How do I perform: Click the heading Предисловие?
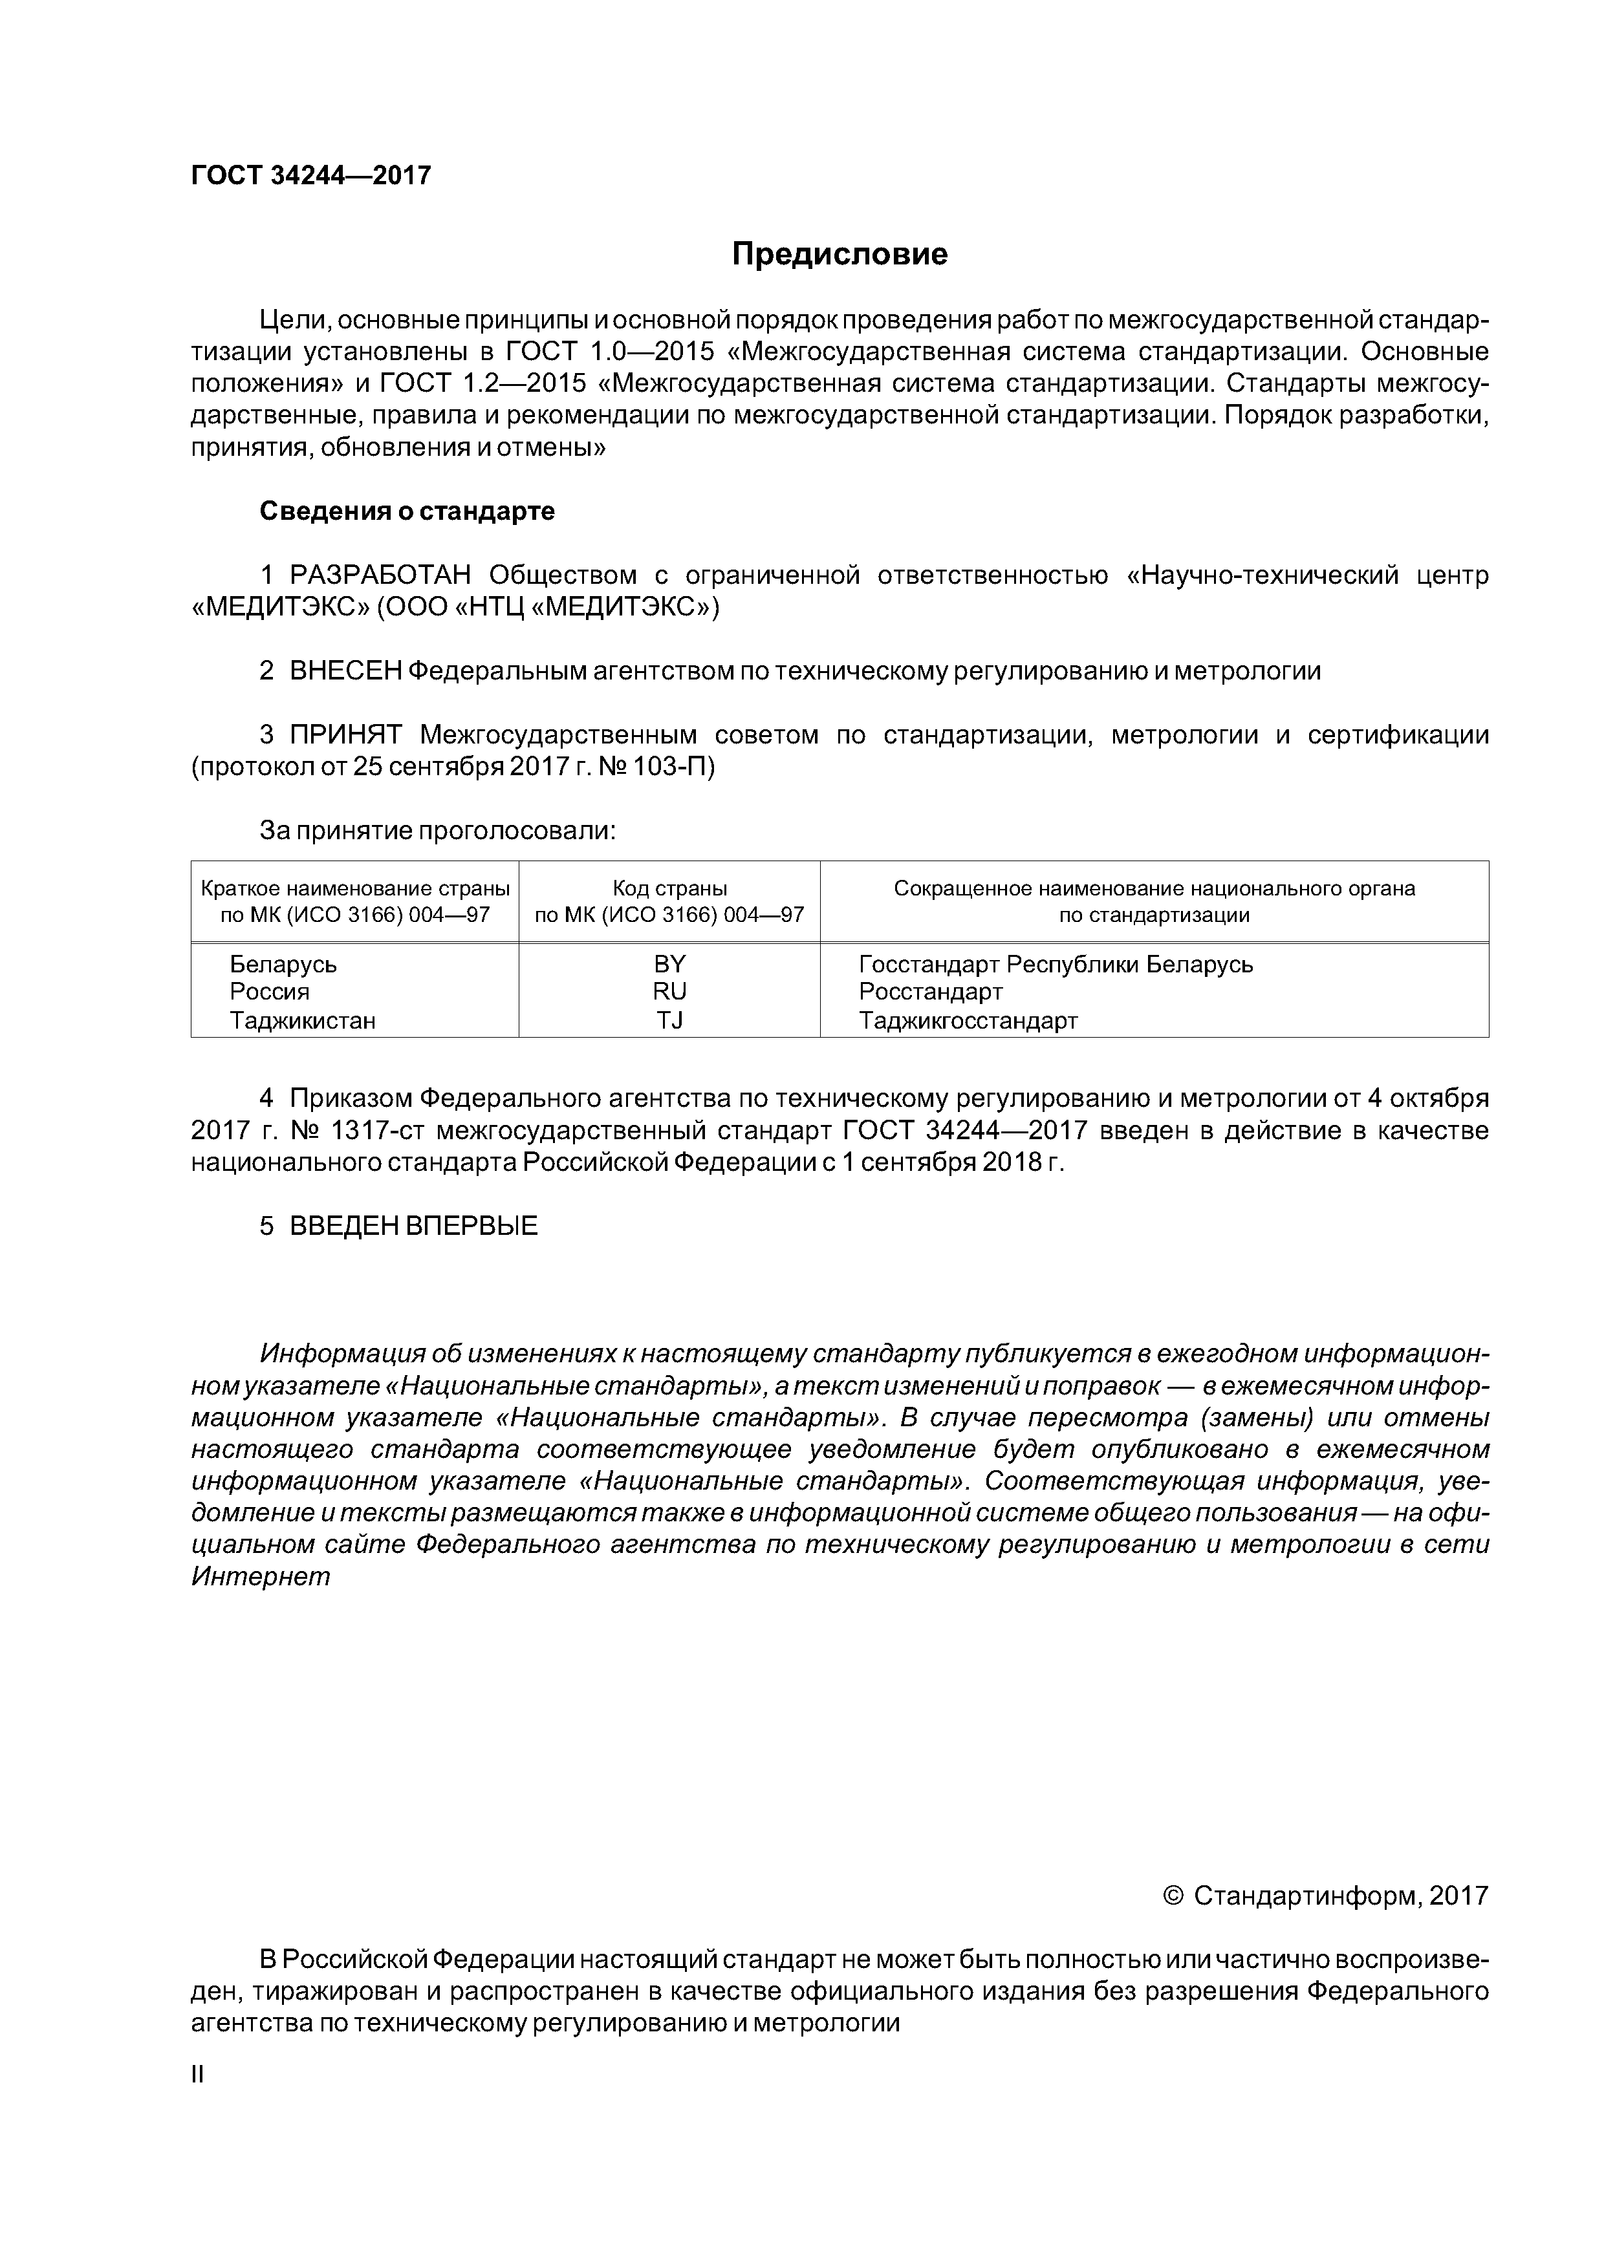pos(839,255)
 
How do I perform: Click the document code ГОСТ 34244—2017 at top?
pos(310,176)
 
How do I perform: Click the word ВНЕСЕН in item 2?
pos(345,670)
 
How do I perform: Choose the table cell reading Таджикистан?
pos(303,1020)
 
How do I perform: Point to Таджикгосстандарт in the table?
pos(968,1020)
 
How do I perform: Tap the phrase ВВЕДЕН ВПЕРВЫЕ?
pos(413,1226)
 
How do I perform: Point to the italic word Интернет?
pos(260,1576)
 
